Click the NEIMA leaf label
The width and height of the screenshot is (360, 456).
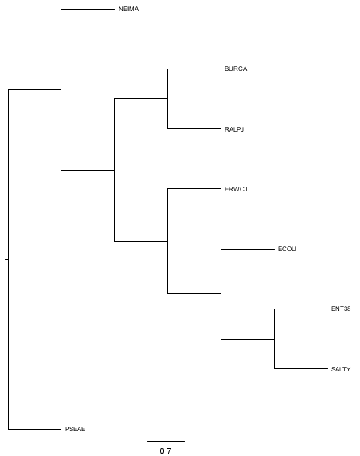[128, 9]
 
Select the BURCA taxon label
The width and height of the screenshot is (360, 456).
[236, 69]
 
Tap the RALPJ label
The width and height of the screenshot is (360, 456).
[234, 129]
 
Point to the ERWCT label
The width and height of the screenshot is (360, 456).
[237, 189]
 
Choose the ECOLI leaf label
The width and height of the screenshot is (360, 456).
[287, 249]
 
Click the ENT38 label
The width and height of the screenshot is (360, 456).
[341, 309]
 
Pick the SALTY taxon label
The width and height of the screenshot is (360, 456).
[341, 369]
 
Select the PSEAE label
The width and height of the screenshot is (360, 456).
[75, 429]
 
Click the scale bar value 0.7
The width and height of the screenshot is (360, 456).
[166, 450]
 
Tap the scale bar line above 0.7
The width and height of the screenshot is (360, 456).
[166, 441]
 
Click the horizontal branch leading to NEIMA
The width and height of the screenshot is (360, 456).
[88, 9]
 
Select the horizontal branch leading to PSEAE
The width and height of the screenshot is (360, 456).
[34, 429]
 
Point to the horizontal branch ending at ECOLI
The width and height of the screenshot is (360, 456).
[248, 249]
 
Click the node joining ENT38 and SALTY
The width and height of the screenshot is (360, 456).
[274, 339]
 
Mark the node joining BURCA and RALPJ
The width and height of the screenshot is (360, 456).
[167, 99]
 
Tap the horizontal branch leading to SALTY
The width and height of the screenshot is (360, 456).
[301, 369]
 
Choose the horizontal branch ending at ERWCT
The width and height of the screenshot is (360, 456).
[194, 189]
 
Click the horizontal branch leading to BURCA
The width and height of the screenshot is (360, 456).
[194, 69]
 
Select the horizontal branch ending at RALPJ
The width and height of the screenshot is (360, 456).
[194, 128]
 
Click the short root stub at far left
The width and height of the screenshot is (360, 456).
[6, 259]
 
